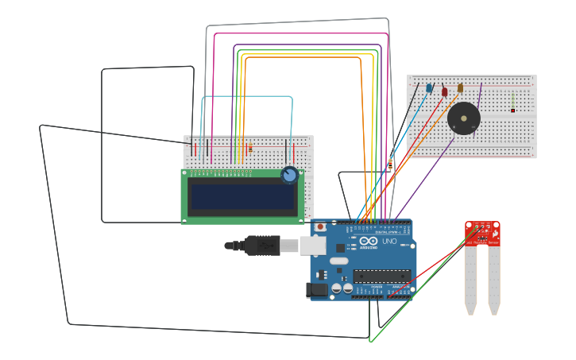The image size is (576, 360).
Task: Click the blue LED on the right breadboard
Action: coord(429,88)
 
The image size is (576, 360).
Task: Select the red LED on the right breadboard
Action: coord(445,91)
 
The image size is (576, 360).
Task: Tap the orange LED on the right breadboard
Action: coord(460,88)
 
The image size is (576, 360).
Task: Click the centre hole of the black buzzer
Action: coord(463,119)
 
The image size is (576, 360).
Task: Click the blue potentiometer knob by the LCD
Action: coord(289,176)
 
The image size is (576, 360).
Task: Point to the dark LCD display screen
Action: coord(242,197)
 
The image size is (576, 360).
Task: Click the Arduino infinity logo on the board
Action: coord(368,241)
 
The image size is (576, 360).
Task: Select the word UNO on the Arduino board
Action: coord(389,241)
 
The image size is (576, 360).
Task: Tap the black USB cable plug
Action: coord(262,246)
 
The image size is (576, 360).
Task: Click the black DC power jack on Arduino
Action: coord(317,290)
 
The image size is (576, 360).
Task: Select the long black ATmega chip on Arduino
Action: coord(382,277)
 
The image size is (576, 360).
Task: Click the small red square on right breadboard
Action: coord(512,110)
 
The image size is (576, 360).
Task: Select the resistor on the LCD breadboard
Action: coord(250,148)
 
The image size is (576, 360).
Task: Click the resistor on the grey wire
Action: coord(389,164)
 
